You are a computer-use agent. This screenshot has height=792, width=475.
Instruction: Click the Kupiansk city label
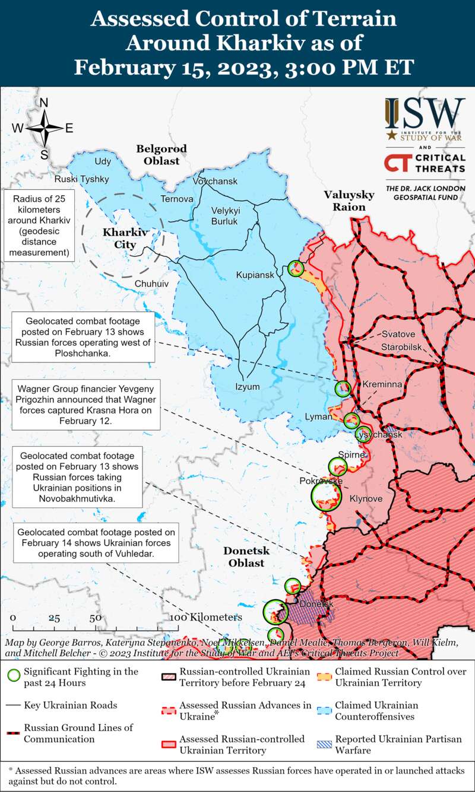click(x=255, y=275)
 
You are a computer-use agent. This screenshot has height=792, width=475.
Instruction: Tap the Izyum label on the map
click(x=248, y=387)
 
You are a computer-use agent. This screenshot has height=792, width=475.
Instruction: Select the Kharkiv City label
click(x=125, y=238)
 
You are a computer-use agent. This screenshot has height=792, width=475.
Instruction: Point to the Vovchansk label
click(x=215, y=181)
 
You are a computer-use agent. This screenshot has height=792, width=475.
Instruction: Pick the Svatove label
click(x=398, y=334)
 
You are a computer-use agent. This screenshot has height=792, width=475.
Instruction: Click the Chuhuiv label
click(x=151, y=284)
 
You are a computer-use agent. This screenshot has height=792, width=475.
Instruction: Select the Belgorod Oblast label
click(x=161, y=154)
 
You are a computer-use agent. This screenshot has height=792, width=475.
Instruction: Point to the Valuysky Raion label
click(x=349, y=201)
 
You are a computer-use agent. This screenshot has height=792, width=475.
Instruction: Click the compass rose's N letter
click(x=43, y=103)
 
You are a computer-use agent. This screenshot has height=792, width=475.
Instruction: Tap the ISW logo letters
click(x=425, y=112)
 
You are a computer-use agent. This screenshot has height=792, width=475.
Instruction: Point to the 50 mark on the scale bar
click(x=95, y=618)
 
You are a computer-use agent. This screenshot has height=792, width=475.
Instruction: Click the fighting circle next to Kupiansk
click(x=295, y=268)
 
